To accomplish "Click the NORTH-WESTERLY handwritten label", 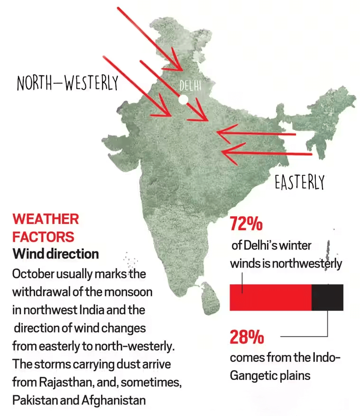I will click(67, 83).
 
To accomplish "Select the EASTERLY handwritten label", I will click(300, 182).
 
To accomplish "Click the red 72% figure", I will click(246, 224).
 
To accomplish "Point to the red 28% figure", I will click(247, 337).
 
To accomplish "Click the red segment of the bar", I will click(270, 297).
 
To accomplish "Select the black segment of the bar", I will click(327, 297).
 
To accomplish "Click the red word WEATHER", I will click(46, 219).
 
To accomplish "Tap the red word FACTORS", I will click(43, 236).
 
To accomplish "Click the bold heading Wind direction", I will click(55, 254).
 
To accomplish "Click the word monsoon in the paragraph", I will click(132, 292).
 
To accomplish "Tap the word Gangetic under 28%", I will click(253, 376).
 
